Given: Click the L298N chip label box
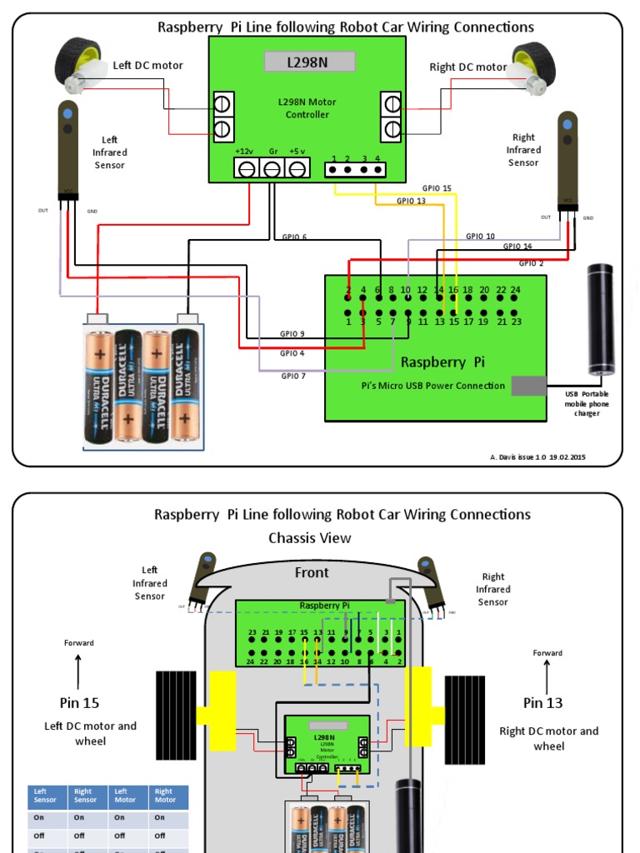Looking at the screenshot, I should click(x=309, y=62).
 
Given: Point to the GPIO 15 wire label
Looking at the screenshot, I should click(x=437, y=188).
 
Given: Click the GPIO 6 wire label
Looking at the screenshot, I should click(x=294, y=237).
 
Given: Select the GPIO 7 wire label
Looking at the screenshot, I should click(x=292, y=376).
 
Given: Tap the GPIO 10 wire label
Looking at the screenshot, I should click(x=480, y=237).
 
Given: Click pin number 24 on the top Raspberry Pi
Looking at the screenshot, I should click(x=516, y=290).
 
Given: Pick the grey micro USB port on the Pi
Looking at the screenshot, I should click(x=528, y=386).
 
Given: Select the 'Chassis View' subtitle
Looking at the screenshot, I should click(x=309, y=538).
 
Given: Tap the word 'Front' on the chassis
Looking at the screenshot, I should click(x=312, y=573).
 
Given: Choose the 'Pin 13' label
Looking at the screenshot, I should click(x=542, y=703).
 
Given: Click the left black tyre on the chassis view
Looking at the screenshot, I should click(x=175, y=716).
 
